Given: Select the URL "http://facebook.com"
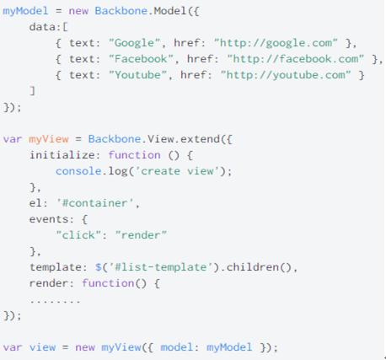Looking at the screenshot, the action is [x=296, y=59].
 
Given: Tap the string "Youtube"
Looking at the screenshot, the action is [x=137, y=75].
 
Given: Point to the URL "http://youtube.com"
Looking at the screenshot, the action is [x=286, y=75].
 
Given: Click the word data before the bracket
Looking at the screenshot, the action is [x=42, y=27].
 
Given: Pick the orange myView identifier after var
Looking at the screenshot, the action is [x=49, y=139].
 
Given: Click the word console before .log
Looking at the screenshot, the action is [x=78, y=171].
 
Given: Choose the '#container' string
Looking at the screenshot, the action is [x=95, y=203].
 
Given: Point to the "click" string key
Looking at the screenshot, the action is [x=78, y=235].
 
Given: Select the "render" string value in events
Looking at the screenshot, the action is [x=141, y=235].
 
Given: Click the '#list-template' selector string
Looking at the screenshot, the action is [x=160, y=267].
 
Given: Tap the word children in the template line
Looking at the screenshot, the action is [x=253, y=267].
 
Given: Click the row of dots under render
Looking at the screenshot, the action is [x=56, y=302].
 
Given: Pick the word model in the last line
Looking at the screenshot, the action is [x=177, y=347].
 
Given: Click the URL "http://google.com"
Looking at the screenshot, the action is [x=276, y=43].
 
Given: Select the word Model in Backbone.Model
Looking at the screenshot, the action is [x=170, y=11].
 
